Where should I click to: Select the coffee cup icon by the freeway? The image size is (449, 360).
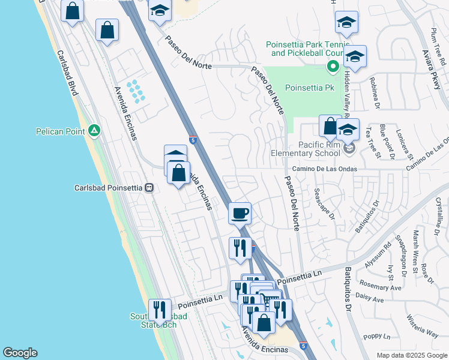[x=240, y=213]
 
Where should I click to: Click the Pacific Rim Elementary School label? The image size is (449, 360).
[x=318, y=149]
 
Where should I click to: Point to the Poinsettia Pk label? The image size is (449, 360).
[x=309, y=88]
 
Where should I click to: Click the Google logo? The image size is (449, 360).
[x=20, y=353]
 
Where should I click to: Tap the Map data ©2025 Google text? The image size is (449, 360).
[x=412, y=355]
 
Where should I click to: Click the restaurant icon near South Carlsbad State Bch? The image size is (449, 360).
[x=160, y=310]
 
